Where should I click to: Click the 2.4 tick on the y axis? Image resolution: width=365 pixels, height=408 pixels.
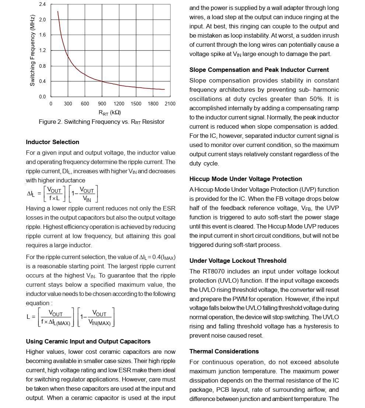[42, 4]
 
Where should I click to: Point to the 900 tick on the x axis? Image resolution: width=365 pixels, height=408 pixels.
[102, 104]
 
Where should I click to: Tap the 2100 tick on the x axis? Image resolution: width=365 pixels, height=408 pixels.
[170, 104]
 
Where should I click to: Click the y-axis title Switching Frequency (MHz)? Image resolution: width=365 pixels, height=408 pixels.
[32, 50]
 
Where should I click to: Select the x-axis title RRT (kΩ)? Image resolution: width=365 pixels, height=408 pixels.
[110, 112]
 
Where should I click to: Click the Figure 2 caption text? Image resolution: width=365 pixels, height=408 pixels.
[102, 122]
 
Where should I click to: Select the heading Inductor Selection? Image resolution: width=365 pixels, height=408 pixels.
[52, 142]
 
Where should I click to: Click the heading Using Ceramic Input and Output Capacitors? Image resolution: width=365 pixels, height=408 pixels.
[88, 342]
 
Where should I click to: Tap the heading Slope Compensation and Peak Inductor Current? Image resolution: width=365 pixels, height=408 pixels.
[259, 70]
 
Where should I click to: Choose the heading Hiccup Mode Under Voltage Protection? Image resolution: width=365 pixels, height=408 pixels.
[246, 179]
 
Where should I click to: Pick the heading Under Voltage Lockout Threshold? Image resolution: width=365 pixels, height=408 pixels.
[238, 261]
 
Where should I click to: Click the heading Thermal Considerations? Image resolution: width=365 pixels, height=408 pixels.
[224, 352]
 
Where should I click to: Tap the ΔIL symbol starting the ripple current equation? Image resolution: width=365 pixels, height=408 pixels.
[31, 194]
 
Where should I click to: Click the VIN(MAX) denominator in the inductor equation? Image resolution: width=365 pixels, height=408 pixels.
[99, 323]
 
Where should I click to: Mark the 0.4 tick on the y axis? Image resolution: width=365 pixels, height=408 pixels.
[42, 81]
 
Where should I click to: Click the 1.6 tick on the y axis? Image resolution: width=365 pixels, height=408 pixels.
[42, 35]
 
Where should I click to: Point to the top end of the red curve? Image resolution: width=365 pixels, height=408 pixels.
[58, 11]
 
